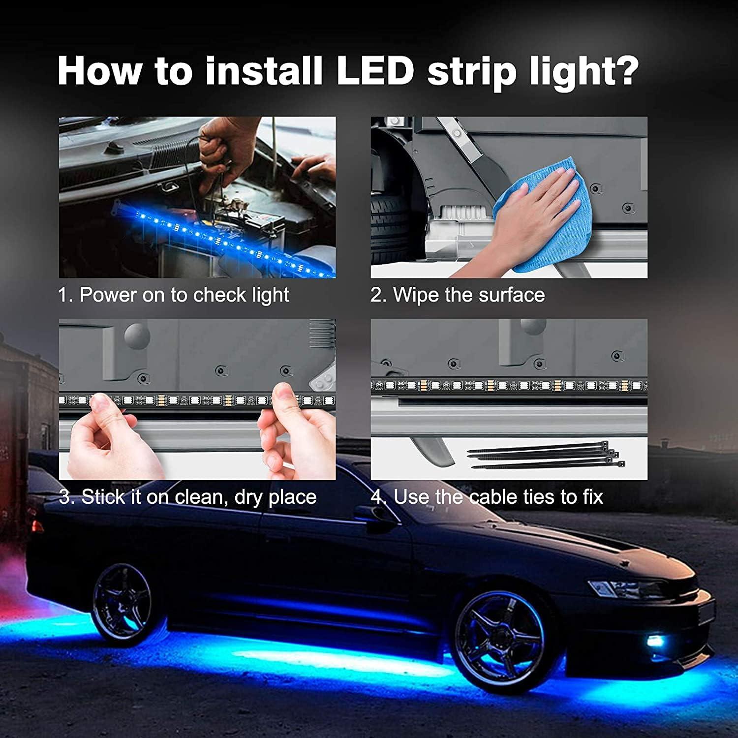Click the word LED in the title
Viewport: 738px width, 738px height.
click(375, 71)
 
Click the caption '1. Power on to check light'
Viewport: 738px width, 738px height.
click(173, 295)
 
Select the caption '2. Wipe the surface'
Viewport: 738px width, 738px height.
click(458, 295)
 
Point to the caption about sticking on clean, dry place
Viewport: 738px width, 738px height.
click(187, 497)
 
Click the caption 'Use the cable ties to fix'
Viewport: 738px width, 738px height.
click(487, 497)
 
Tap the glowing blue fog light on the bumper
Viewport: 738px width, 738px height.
click(654, 641)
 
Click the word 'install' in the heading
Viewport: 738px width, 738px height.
click(263, 71)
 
